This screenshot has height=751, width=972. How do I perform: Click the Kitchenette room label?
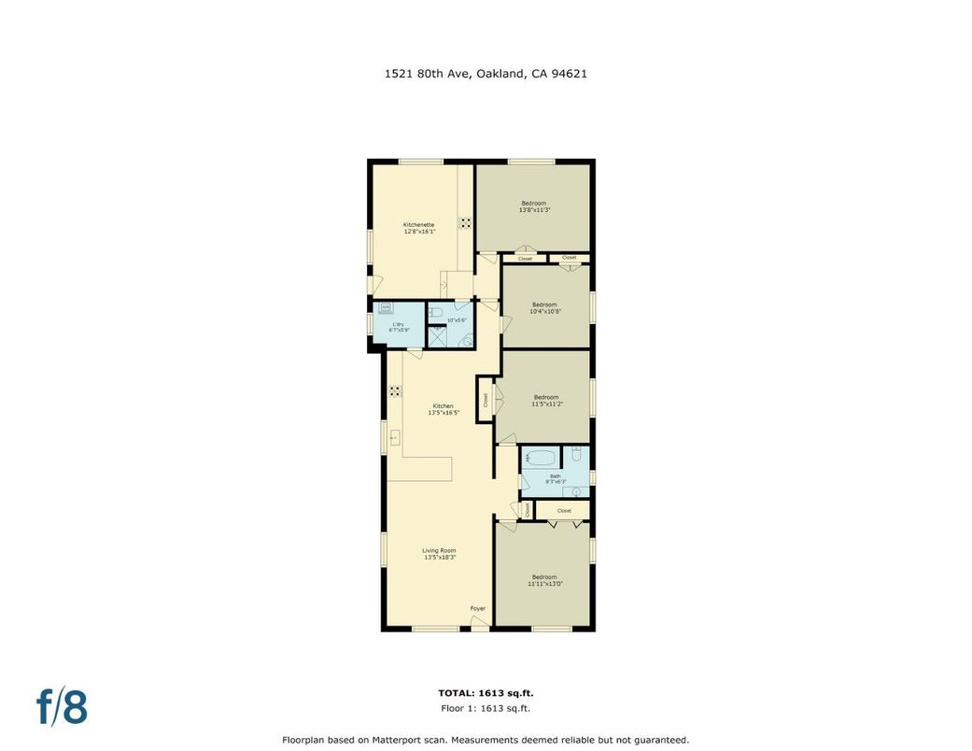419,228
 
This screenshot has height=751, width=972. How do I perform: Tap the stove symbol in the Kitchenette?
465,223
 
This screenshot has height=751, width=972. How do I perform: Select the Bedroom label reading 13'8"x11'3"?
534,206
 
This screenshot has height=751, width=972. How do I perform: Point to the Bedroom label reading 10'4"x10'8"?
545,307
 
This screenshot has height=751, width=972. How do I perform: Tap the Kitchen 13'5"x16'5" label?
443,409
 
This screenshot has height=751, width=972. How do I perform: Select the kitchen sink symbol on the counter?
395,435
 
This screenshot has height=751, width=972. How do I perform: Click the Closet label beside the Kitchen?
486,400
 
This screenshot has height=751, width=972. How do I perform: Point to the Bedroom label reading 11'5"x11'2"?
545,400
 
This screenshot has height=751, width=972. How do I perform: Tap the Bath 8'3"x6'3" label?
556,479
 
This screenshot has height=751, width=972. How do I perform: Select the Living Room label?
439,554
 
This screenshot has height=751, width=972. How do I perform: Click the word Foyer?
478,609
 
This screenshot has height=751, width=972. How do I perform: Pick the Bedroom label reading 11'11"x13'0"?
543,580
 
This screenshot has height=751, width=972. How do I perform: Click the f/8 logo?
63,707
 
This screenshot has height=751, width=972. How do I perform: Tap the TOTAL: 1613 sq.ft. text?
486,693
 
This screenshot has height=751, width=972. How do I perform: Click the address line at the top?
486,73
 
